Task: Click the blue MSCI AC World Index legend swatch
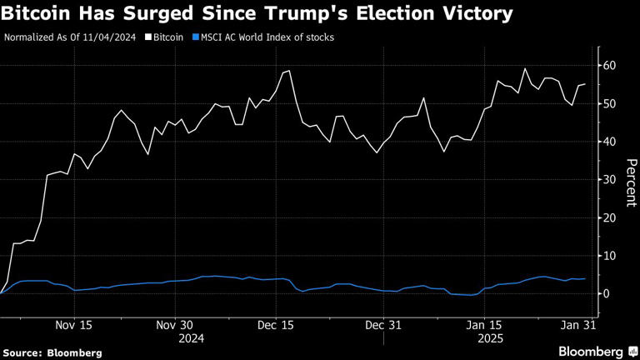tap(196, 37)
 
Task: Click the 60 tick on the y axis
tap(610, 65)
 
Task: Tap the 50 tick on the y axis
tap(610, 103)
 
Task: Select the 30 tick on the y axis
tap(610, 179)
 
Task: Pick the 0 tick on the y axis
tap(607, 293)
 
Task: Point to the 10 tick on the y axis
tap(610, 255)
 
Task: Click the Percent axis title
tap(631, 179)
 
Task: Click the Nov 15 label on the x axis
tap(73, 325)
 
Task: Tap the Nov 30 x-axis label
tap(176, 325)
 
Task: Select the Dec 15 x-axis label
tap(279, 325)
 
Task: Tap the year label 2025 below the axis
tap(488, 339)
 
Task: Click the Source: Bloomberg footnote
tap(52, 352)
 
